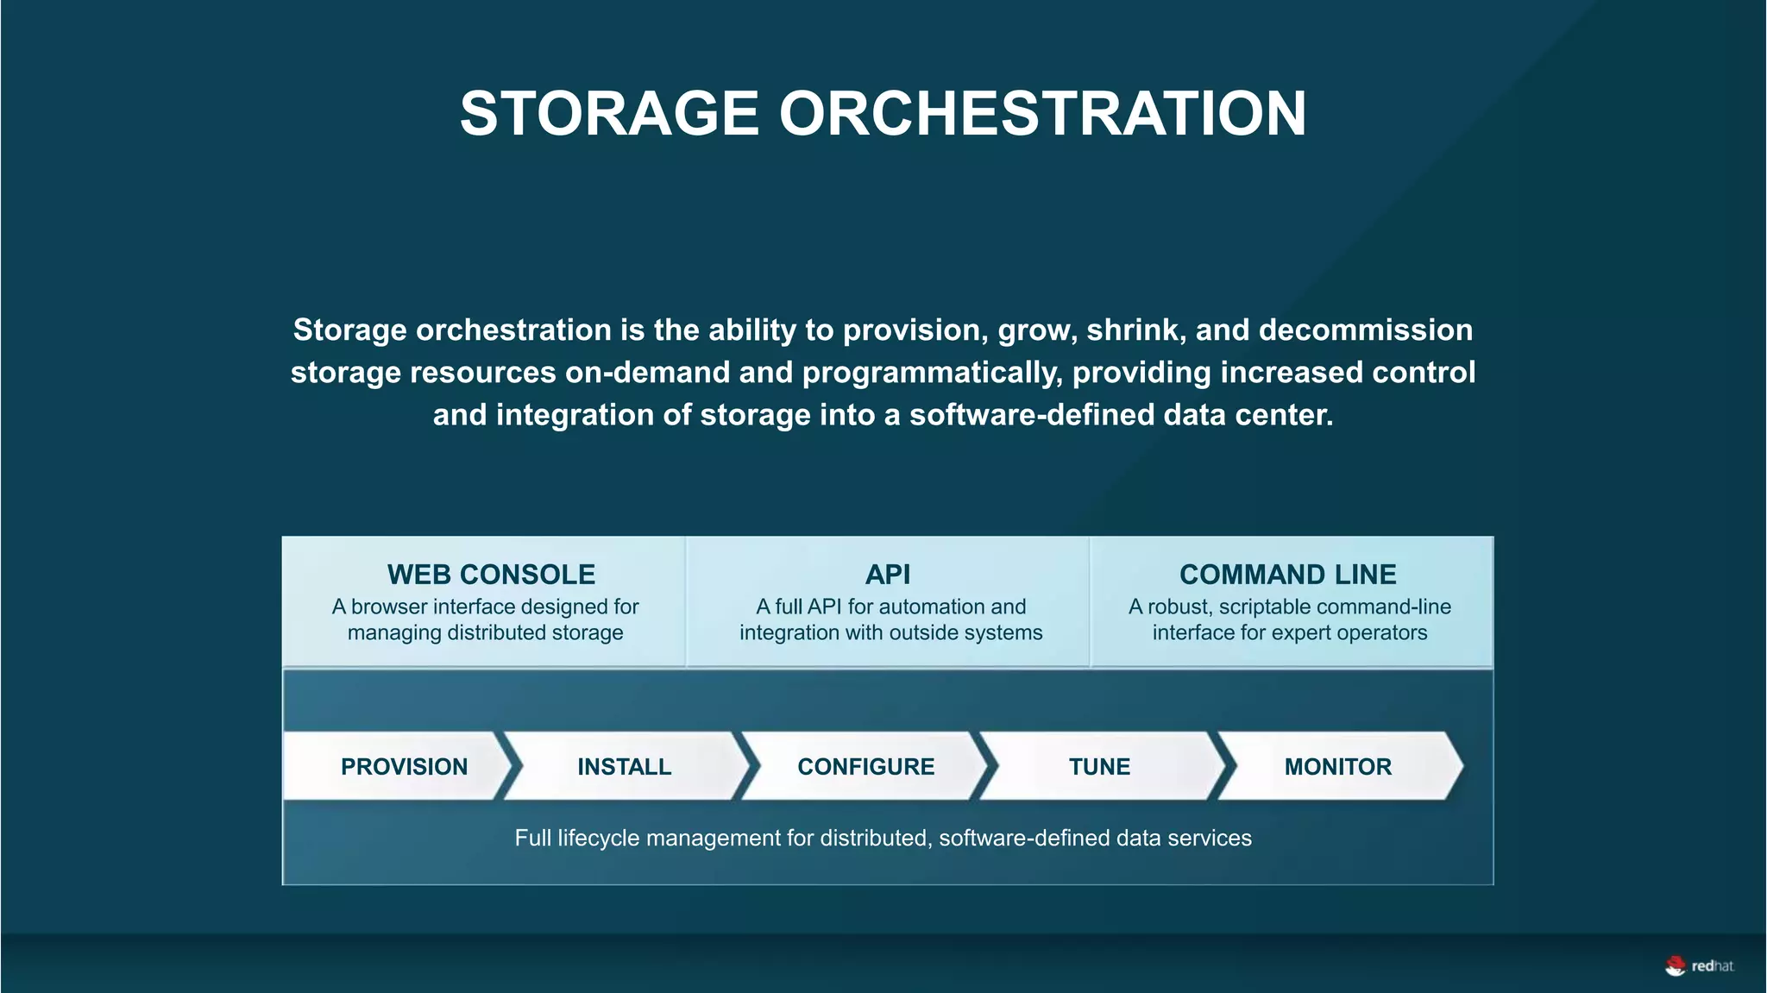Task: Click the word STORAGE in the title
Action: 609,114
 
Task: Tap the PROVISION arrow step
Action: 404,766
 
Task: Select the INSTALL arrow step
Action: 624,766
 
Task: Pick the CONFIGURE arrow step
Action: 865,766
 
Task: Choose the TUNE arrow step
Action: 1099,766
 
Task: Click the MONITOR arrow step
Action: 1337,766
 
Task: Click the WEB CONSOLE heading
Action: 491,575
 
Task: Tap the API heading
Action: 888,575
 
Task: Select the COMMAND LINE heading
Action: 1287,575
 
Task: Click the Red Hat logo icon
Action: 1676,966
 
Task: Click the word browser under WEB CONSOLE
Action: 389,606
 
